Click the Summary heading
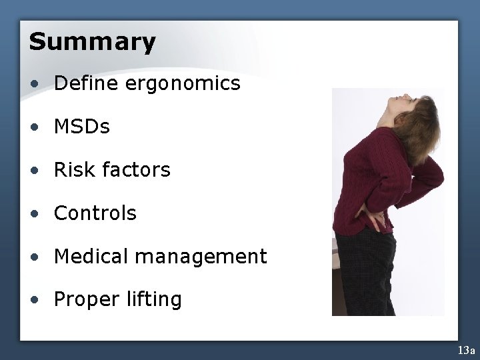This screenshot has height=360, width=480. point(92,42)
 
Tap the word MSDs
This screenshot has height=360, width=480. point(83,127)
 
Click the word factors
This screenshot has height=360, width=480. point(137,170)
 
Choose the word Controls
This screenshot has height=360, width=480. point(95,213)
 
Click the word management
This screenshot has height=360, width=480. point(203,257)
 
